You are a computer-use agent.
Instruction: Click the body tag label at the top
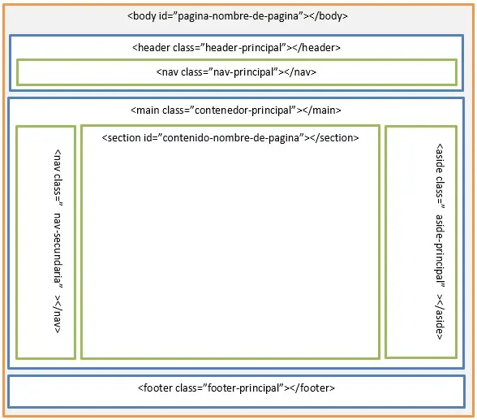coord(238,16)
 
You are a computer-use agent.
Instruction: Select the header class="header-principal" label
coord(235,48)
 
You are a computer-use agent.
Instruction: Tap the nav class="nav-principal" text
coord(236,72)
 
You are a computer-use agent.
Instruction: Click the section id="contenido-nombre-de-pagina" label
coord(230,138)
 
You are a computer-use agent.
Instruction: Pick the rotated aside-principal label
coord(439,241)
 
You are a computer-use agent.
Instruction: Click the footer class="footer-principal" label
coord(236,388)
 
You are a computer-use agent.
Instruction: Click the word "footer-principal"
coord(244,388)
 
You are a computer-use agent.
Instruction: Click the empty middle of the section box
coord(230,252)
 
